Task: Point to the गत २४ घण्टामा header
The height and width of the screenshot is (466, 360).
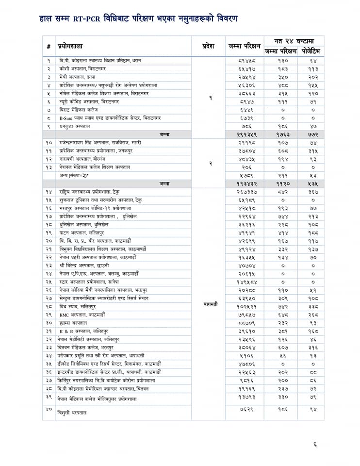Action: (294, 41)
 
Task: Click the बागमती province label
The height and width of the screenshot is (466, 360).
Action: (210, 304)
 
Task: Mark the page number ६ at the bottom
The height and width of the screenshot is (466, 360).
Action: (315, 443)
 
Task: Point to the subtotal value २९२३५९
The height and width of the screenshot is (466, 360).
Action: (245, 134)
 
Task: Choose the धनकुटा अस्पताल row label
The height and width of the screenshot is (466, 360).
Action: (74, 126)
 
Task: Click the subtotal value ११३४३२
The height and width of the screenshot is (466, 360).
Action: (245, 183)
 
